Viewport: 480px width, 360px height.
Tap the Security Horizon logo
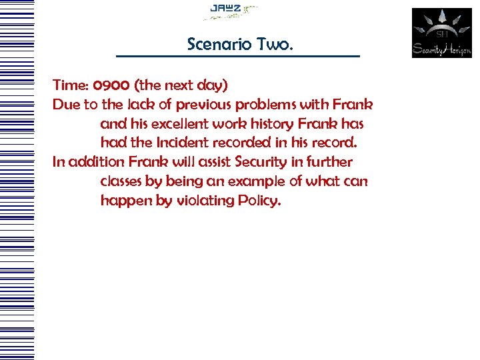pyautogui.click(x=441, y=33)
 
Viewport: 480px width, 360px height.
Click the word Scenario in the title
pyautogui.click(x=217, y=45)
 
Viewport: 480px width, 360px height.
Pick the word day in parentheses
pyautogui.click(x=211, y=85)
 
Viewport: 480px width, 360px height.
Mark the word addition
pyautogui.click(x=97, y=162)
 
